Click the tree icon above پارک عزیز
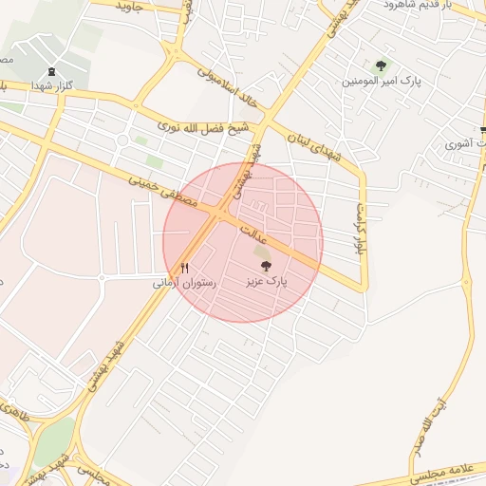265,268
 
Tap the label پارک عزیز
267,282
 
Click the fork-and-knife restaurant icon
185,269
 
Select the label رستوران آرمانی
185,283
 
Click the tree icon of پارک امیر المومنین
381,65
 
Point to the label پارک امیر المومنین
382,81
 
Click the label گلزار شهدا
51,85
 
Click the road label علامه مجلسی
450,469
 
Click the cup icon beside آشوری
454,144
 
